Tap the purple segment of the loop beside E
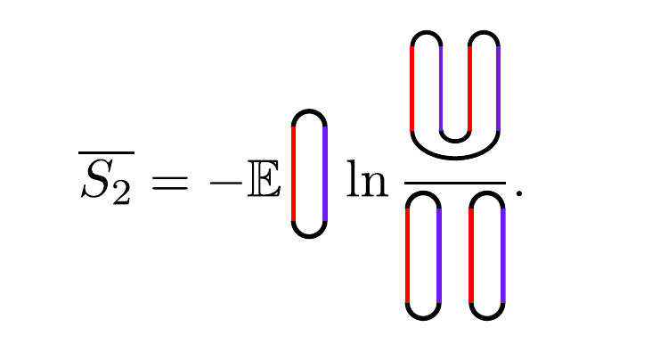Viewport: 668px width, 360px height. tap(325, 174)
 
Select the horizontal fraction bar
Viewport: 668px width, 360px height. tap(454, 183)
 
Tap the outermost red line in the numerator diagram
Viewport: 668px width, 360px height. tap(411, 89)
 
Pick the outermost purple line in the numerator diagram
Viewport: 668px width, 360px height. tap(499, 89)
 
